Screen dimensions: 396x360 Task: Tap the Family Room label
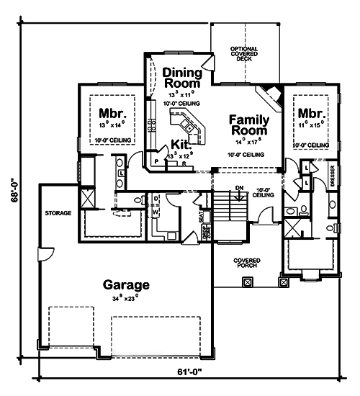[249, 125]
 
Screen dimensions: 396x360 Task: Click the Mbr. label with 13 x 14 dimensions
[111, 113]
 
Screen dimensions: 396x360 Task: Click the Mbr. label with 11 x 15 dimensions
[311, 113]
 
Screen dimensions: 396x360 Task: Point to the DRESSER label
[333, 177]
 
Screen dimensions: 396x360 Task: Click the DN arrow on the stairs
[239, 193]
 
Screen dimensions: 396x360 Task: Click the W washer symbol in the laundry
[156, 212]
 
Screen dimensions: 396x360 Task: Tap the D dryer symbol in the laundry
[156, 197]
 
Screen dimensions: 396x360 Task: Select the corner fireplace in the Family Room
[270, 94]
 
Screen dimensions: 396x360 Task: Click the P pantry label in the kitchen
[156, 162]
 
